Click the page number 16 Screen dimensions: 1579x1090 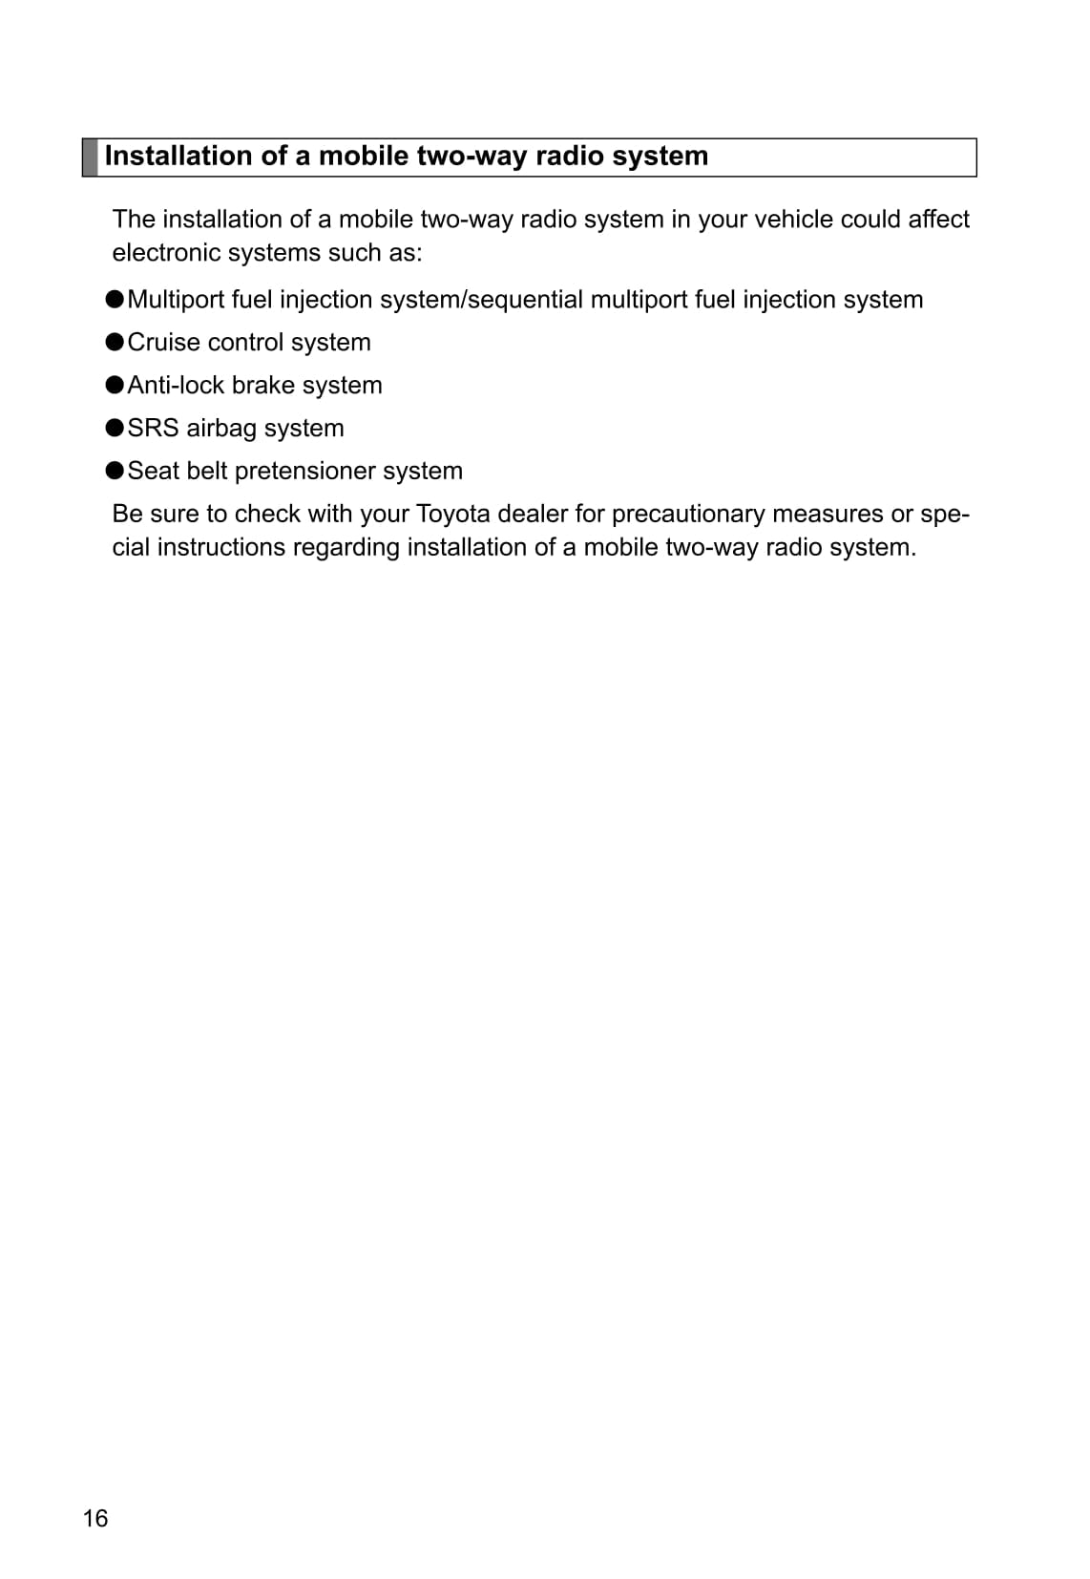click(x=95, y=1518)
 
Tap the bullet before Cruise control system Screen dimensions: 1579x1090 click(x=115, y=342)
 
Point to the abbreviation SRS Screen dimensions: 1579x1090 click(x=153, y=428)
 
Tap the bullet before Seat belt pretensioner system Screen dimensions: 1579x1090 click(x=115, y=471)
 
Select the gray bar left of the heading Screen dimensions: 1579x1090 click(x=90, y=158)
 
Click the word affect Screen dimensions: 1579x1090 click(x=938, y=220)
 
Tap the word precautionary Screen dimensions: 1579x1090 click(x=688, y=514)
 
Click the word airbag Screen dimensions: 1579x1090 click(x=221, y=428)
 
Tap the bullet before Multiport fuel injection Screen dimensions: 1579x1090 click(x=115, y=299)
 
